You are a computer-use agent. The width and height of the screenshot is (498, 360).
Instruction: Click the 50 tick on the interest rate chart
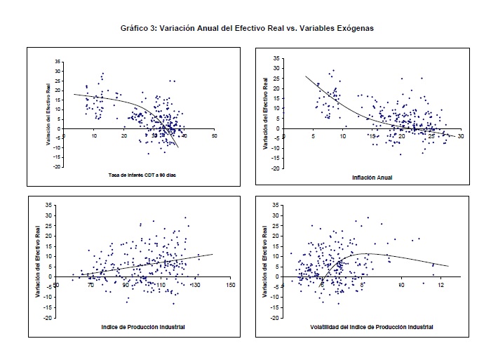coord(214,135)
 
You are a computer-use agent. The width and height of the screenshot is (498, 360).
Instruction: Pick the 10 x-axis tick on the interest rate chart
coord(94,135)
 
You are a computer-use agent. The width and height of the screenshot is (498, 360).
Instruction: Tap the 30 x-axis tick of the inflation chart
coord(460,135)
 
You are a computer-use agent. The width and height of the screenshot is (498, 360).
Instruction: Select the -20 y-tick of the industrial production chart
coord(49,318)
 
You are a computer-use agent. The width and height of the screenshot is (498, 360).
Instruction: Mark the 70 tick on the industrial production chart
coord(90,285)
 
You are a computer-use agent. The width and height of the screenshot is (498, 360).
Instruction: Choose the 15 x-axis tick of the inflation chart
coord(372,135)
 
